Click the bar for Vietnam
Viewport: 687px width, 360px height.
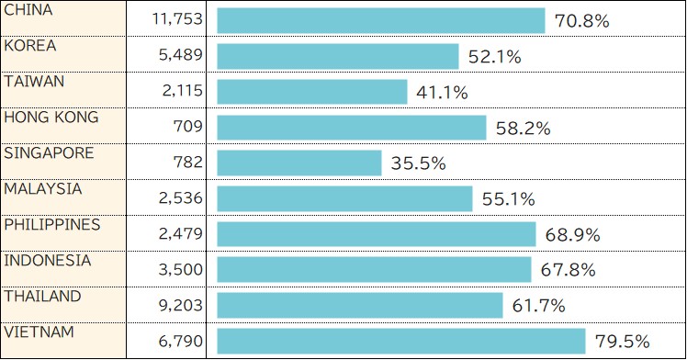[401, 341]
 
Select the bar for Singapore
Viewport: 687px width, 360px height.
[299, 163]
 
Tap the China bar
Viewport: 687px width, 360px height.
[381, 21]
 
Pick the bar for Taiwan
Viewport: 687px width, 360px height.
[312, 92]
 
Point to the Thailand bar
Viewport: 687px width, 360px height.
[360, 305]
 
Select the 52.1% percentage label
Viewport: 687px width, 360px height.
[494, 57]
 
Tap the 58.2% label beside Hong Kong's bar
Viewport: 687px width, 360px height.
[523, 129]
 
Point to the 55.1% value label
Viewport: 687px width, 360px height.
[508, 199]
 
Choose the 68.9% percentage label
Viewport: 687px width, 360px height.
[572, 235]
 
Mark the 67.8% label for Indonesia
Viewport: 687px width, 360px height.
[568, 270]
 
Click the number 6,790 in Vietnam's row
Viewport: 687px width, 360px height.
[181, 342]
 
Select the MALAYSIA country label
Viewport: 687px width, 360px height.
[43, 188]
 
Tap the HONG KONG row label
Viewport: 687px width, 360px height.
[51, 118]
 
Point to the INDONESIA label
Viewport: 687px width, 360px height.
[48, 260]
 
